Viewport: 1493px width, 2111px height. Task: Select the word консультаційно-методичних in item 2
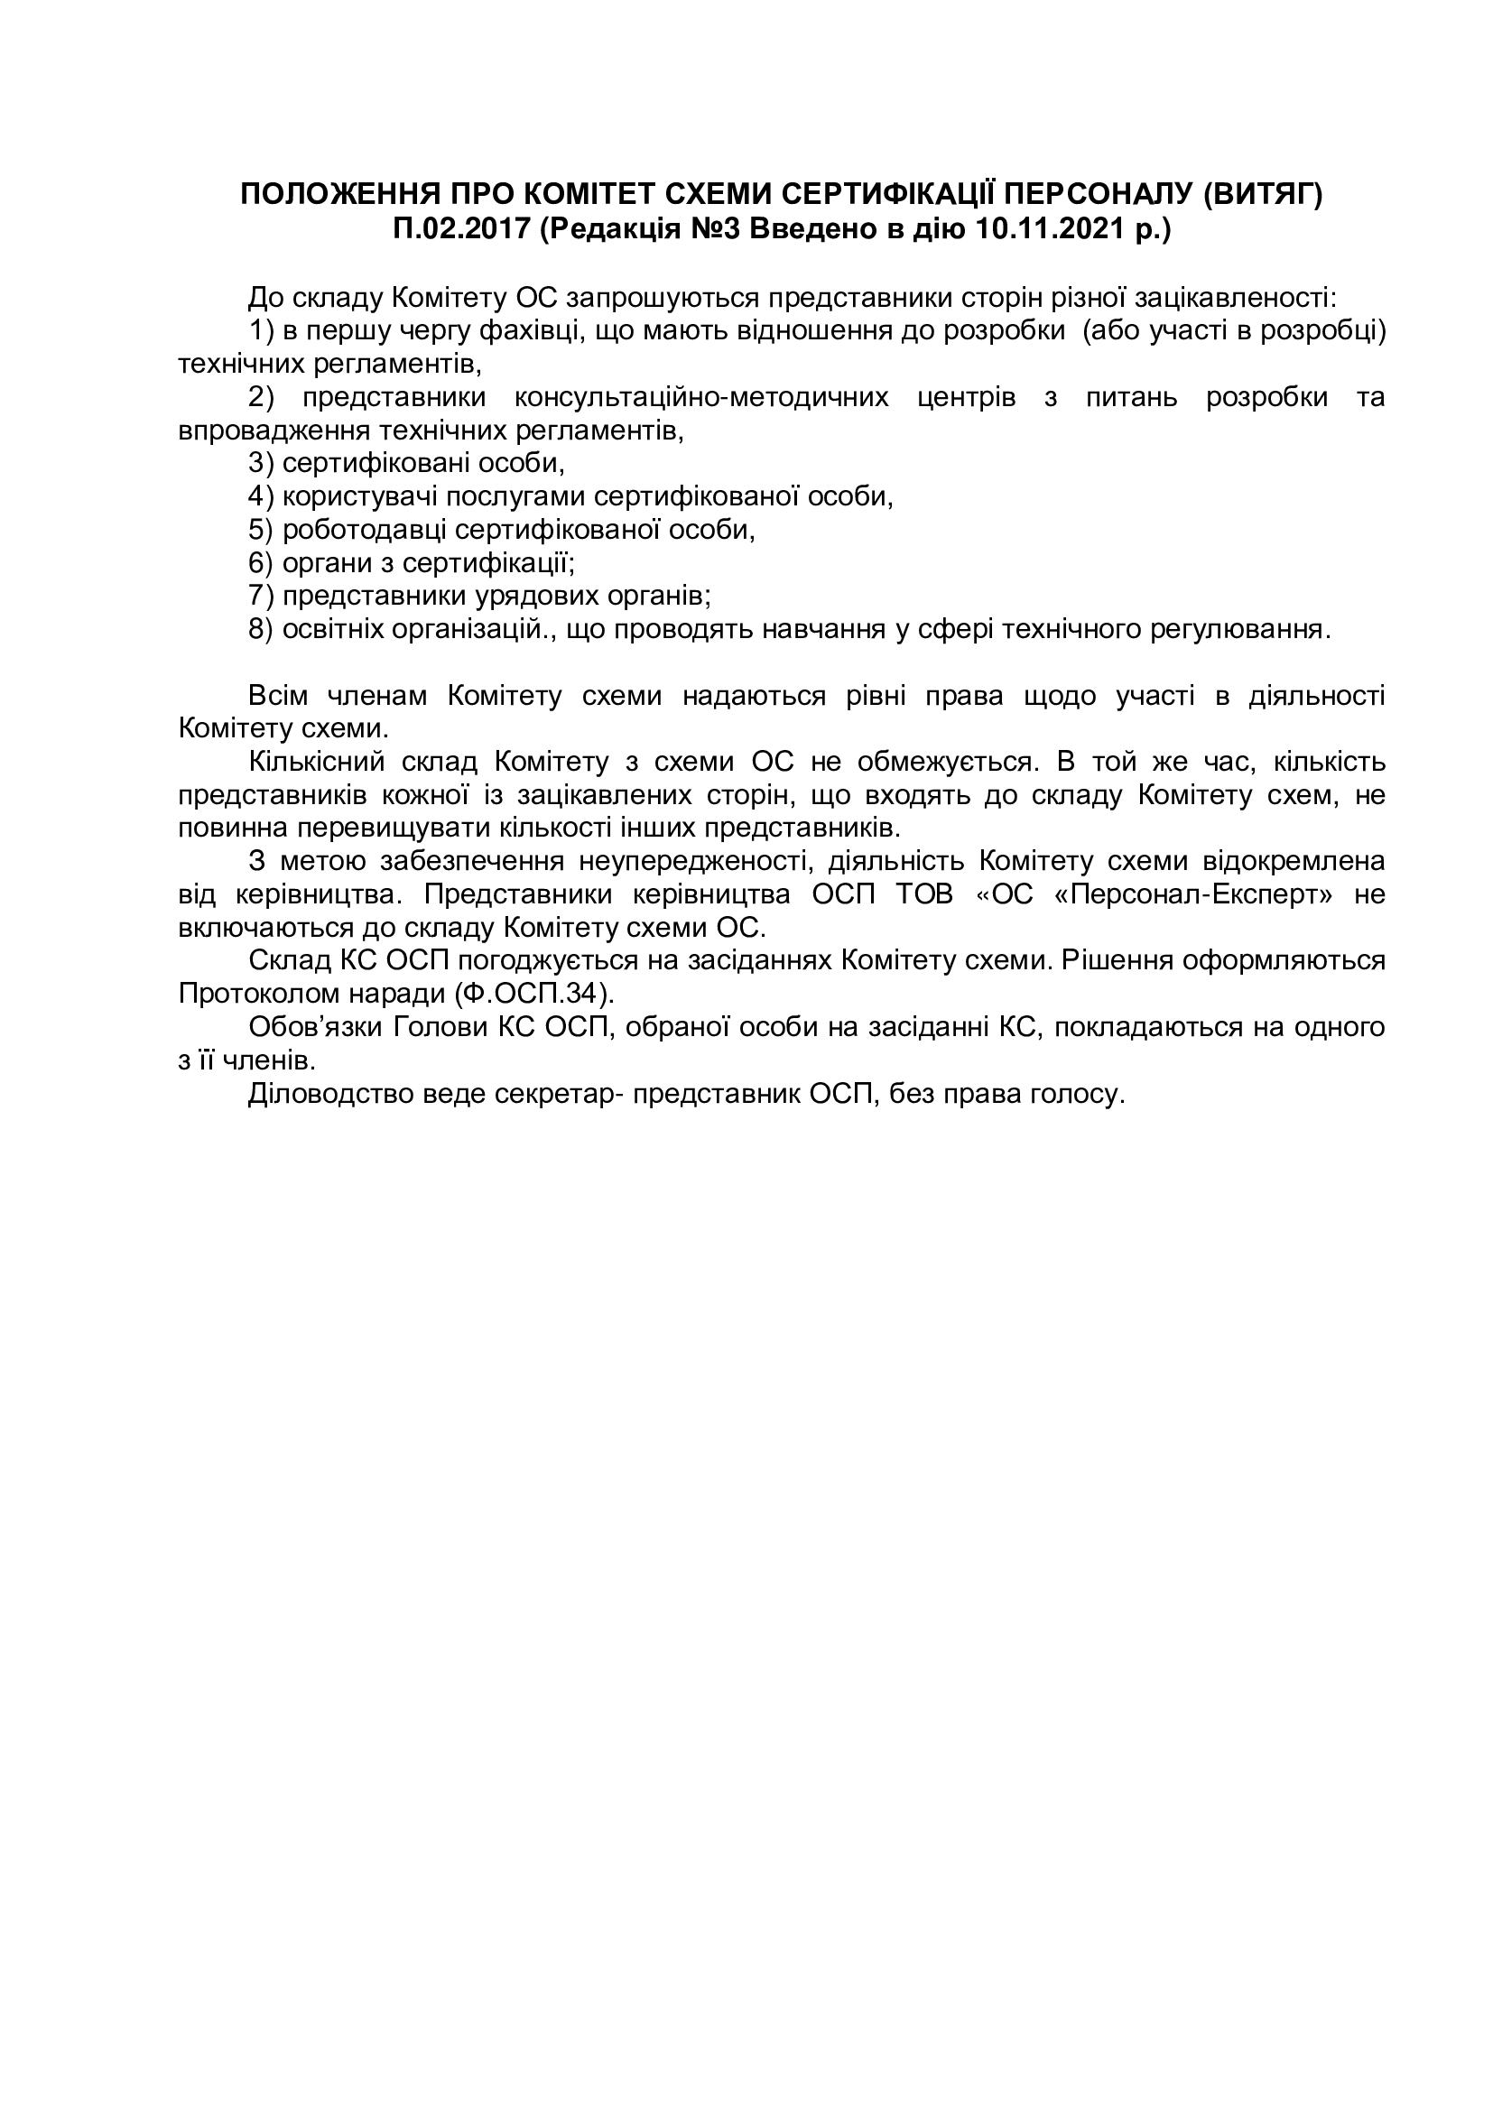[x=701, y=397]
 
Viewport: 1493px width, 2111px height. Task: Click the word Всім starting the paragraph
[x=278, y=696]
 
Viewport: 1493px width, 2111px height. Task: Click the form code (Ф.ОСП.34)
[x=533, y=994]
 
